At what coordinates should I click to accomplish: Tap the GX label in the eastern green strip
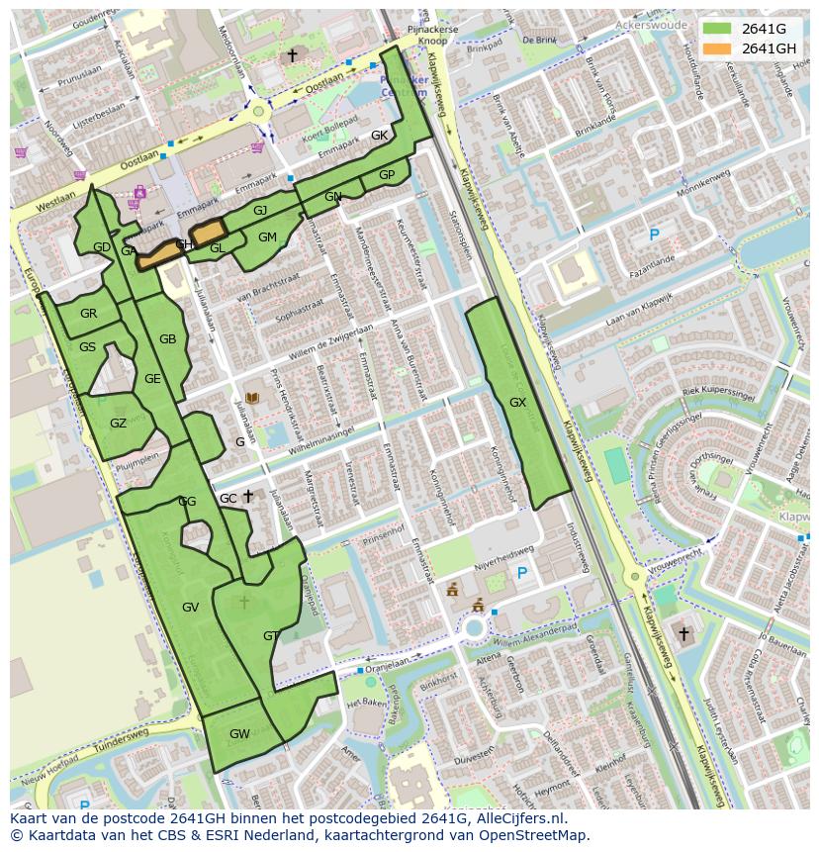[x=517, y=403]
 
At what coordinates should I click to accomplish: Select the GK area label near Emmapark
[x=379, y=136]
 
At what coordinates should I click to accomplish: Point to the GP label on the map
[x=387, y=175]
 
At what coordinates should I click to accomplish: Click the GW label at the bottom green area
[x=239, y=734]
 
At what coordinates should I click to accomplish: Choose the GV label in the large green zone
[x=191, y=607]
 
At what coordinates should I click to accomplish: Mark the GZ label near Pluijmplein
[x=118, y=424]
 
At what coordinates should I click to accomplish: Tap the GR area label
[x=89, y=314]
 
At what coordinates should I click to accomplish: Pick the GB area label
[x=168, y=339]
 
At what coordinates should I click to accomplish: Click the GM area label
[x=267, y=237]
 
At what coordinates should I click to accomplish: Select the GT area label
[x=271, y=635]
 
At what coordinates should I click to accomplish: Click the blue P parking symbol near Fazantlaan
[x=653, y=235]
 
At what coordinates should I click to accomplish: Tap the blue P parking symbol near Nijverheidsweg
[x=522, y=574]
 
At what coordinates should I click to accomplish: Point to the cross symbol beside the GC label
[x=248, y=496]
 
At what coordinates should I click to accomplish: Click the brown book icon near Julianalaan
[x=251, y=398]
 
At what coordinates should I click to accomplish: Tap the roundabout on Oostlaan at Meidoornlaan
[x=262, y=113]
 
